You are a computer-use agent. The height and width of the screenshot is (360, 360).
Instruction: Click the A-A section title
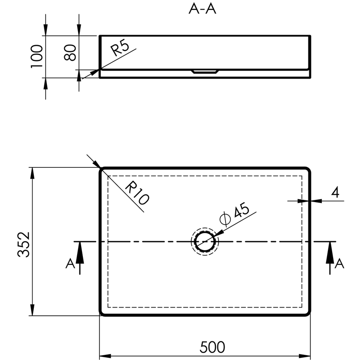point(202,9)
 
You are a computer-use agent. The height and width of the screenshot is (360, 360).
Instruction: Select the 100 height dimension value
point(37,56)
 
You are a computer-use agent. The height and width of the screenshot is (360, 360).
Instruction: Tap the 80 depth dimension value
point(70,52)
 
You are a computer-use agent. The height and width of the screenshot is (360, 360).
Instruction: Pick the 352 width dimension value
point(24,244)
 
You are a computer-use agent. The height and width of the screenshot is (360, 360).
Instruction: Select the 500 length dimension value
point(212,347)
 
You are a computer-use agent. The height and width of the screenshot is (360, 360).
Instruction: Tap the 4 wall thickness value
point(335,192)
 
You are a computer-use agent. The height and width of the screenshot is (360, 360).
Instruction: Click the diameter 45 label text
point(234,213)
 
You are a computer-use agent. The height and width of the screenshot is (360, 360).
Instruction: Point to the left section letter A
point(70,263)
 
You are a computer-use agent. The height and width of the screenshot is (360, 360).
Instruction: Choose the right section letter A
point(339,263)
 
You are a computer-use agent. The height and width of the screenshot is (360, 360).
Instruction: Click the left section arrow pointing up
point(80,258)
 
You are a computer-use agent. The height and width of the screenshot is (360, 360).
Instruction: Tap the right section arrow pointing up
point(330,258)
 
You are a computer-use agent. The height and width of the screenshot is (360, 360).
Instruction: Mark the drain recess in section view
point(205,72)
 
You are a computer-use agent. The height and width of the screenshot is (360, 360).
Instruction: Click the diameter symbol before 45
point(225,219)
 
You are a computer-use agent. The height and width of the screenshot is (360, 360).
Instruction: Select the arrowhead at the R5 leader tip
point(95,72)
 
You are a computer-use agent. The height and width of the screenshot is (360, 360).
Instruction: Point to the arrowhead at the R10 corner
point(97,164)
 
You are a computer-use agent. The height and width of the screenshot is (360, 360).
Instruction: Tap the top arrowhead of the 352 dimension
point(33,173)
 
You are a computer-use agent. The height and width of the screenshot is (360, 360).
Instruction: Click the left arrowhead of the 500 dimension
point(105,356)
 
